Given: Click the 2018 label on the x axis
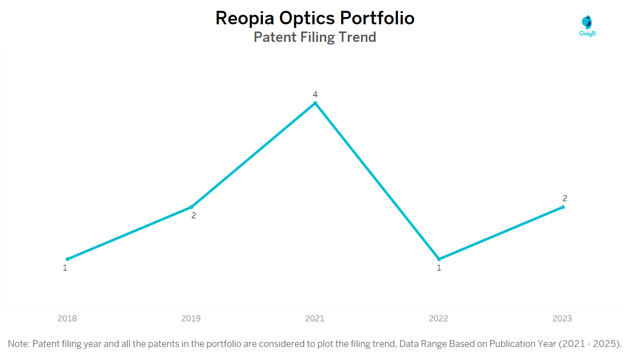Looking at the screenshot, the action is click(x=67, y=319).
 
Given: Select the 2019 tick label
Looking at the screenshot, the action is click(x=191, y=319).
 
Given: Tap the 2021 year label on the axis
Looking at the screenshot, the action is click(x=315, y=319).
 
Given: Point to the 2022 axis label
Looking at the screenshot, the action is click(x=438, y=319).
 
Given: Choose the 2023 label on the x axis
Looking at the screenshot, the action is click(x=562, y=319).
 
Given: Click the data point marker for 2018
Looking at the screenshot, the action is click(x=67, y=259).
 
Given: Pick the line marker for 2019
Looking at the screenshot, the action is click(x=191, y=207).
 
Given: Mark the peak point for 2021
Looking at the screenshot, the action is click(x=315, y=103).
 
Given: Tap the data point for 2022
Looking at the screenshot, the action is click(x=439, y=259).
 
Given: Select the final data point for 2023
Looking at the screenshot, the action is click(x=563, y=207).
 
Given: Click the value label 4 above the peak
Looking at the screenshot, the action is click(x=315, y=94).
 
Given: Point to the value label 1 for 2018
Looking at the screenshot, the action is click(x=65, y=268).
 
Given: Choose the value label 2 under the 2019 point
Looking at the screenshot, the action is click(x=193, y=216).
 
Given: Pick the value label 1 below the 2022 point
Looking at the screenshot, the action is click(x=439, y=268).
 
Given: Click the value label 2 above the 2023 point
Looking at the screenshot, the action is click(x=565, y=198).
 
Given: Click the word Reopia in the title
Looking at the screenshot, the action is click(x=245, y=18).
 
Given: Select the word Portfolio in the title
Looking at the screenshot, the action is click(x=377, y=18).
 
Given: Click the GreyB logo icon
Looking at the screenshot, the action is click(x=587, y=22).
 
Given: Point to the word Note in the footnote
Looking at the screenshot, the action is click(x=18, y=344).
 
